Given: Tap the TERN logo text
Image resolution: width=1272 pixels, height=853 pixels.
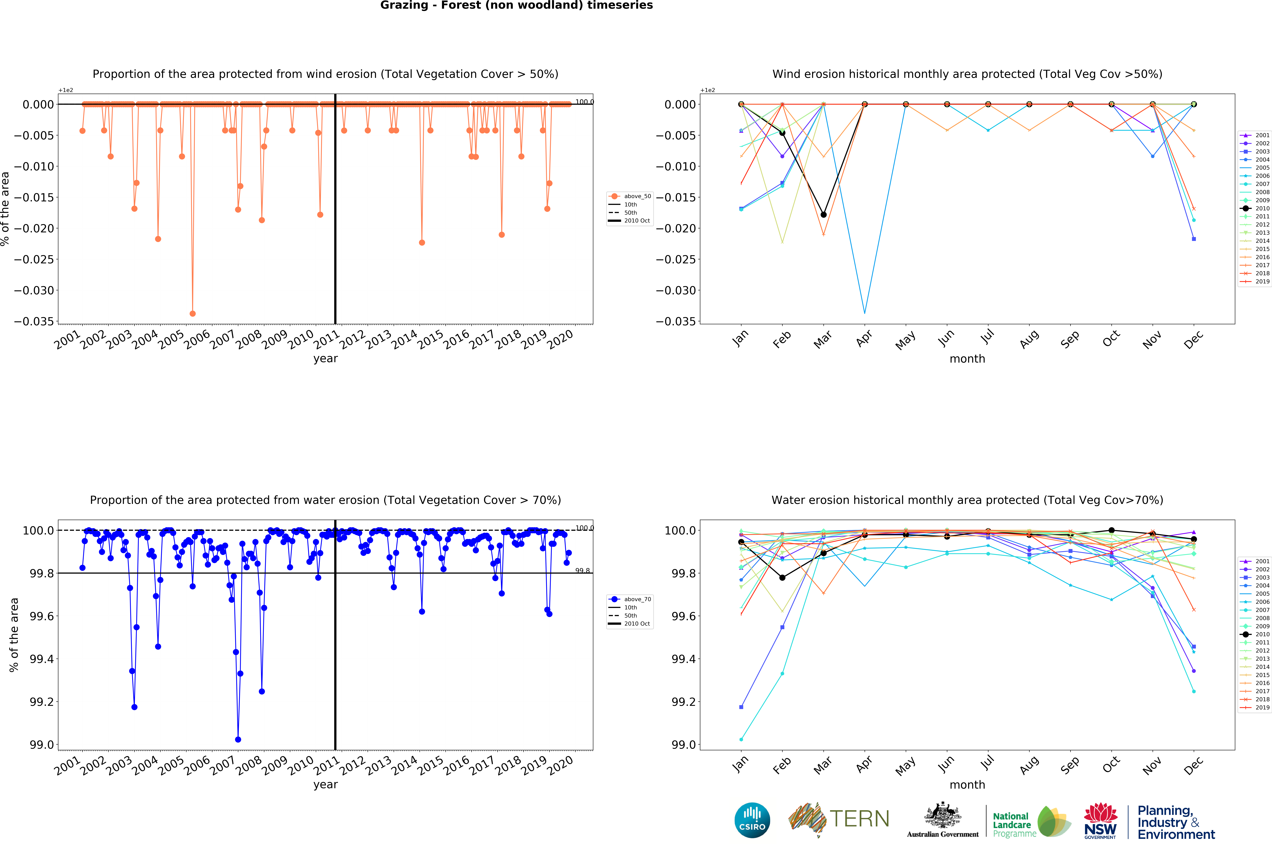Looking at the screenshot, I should point(860,819).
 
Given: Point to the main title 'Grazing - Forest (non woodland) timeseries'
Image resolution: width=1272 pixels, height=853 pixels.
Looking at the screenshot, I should point(516,5).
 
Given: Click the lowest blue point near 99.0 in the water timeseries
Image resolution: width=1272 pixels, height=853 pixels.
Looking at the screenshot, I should point(238,739).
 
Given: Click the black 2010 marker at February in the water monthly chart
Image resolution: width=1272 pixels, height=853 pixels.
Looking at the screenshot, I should point(782,578).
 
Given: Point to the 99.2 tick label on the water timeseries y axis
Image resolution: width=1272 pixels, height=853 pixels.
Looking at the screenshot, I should point(42,702).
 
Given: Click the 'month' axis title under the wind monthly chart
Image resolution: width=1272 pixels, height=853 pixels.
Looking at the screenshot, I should point(967,358).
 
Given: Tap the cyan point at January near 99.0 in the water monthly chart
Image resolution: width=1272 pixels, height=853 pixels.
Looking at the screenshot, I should point(741,739).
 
